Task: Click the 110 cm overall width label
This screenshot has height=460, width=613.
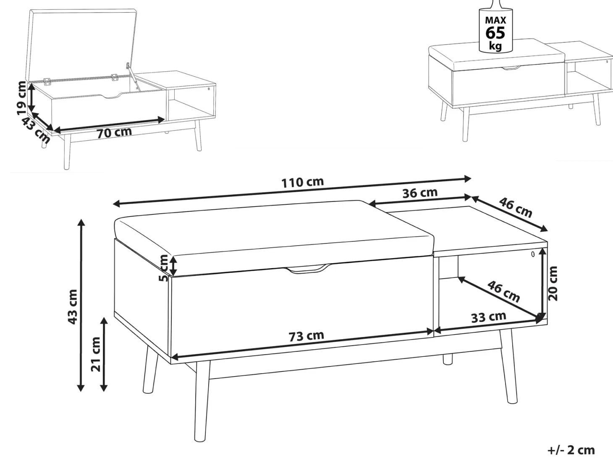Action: [302, 183]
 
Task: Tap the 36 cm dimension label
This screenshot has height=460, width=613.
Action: [420, 193]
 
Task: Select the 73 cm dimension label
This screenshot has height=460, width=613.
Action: [306, 336]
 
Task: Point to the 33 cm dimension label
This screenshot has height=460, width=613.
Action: [489, 317]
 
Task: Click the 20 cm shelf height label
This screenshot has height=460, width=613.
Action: [553, 284]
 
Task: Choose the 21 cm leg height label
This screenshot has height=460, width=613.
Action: [96, 354]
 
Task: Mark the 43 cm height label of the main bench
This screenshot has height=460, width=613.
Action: [73, 307]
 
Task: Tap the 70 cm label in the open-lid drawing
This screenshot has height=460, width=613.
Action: [115, 133]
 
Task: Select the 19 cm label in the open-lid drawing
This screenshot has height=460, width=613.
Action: [21, 98]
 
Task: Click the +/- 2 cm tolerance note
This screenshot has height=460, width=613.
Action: [571, 450]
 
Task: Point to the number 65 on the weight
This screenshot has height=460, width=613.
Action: [495, 33]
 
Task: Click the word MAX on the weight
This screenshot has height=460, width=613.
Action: [496, 20]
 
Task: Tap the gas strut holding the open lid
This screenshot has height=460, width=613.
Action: [132, 76]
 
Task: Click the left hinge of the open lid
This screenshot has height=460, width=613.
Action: [47, 81]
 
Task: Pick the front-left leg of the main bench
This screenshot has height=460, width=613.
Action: [201, 402]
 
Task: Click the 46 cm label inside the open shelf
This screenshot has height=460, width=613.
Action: [503, 292]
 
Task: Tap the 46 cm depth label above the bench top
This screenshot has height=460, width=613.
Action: [515, 207]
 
